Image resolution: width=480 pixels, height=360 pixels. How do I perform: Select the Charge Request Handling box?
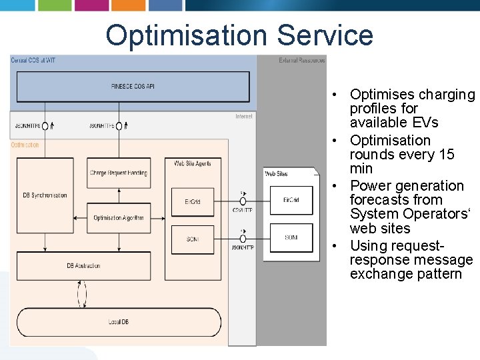(119, 173)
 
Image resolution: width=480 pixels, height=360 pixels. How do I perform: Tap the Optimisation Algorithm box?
(119, 218)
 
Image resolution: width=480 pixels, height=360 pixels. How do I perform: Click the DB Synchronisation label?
(45, 195)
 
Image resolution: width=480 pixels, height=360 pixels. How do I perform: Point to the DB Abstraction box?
(83, 266)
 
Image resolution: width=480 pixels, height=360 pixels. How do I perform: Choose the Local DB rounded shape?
(119, 322)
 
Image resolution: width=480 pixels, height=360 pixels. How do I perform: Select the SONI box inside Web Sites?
(291, 237)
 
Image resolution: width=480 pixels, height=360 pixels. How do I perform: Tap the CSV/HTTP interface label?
(241, 209)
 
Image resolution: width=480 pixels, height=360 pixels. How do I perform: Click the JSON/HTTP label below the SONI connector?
(241, 247)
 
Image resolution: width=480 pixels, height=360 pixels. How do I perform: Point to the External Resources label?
(301, 61)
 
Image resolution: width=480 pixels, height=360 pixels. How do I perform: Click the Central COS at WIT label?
(33, 61)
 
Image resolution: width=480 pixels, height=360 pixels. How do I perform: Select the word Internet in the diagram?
(243, 117)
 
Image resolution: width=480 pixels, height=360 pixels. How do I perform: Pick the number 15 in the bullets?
(443, 155)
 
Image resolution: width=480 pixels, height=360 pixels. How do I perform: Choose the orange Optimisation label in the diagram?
(25, 145)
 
